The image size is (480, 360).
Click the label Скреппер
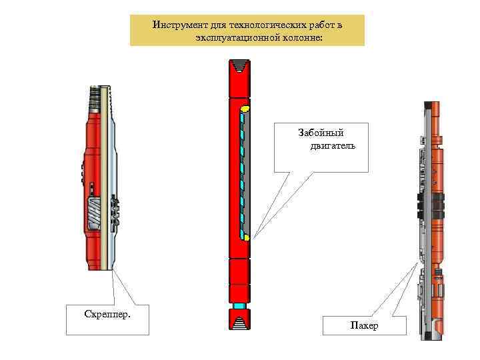107,313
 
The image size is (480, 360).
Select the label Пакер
363,325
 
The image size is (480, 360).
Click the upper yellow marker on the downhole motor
245,109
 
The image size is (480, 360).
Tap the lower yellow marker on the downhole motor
246,237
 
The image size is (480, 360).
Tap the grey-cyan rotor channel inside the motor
242,173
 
